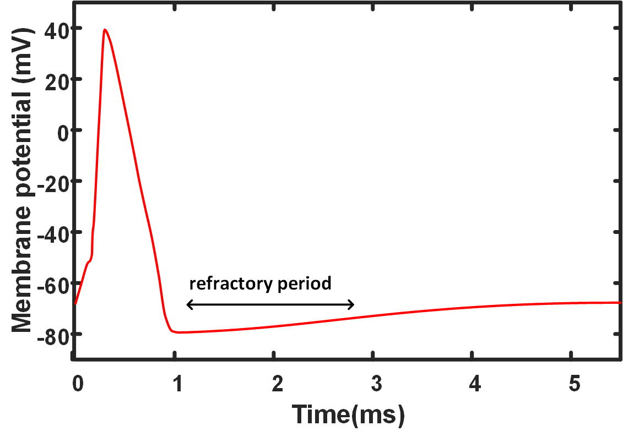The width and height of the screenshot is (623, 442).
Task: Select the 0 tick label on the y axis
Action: point(62,130)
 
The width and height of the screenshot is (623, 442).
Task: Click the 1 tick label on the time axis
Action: point(178,384)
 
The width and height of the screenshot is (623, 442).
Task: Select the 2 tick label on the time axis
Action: point(277,384)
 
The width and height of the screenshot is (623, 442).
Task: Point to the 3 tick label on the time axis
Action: point(376,384)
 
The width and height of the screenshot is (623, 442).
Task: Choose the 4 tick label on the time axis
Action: point(475,384)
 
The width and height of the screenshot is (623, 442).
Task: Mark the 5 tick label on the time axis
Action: point(575,384)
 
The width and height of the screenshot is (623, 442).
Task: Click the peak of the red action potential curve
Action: point(104,30)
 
